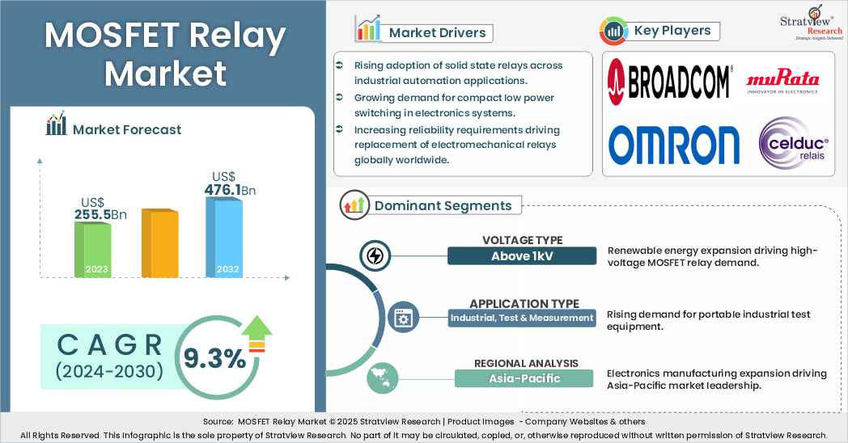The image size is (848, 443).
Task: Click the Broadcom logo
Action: (669, 79)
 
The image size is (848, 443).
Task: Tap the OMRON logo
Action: (674, 145)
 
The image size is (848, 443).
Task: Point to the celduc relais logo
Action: (793, 144)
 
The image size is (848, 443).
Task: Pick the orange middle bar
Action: (159, 243)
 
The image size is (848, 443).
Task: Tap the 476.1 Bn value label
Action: (231, 189)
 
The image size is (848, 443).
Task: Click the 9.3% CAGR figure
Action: (214, 358)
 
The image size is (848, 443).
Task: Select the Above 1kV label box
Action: (522, 256)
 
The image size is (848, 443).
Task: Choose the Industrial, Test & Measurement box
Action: (522, 318)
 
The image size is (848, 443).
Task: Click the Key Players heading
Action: (672, 31)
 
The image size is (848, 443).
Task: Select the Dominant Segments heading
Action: (443, 205)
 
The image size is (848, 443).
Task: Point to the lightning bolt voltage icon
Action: (375, 256)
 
